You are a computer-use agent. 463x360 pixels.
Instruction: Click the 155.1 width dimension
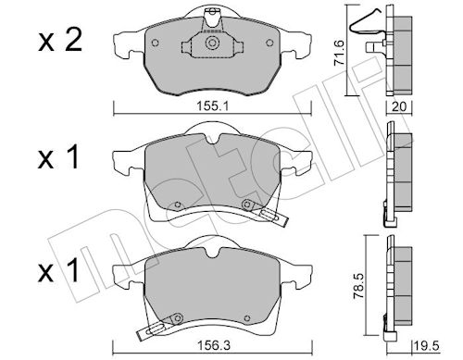coord(212,106)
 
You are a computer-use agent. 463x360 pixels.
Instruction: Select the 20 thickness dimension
coord(398,106)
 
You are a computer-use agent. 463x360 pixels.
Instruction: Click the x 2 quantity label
coord(60,41)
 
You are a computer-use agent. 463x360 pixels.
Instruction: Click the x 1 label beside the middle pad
coord(58,157)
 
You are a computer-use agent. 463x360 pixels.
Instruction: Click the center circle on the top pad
coord(212,43)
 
